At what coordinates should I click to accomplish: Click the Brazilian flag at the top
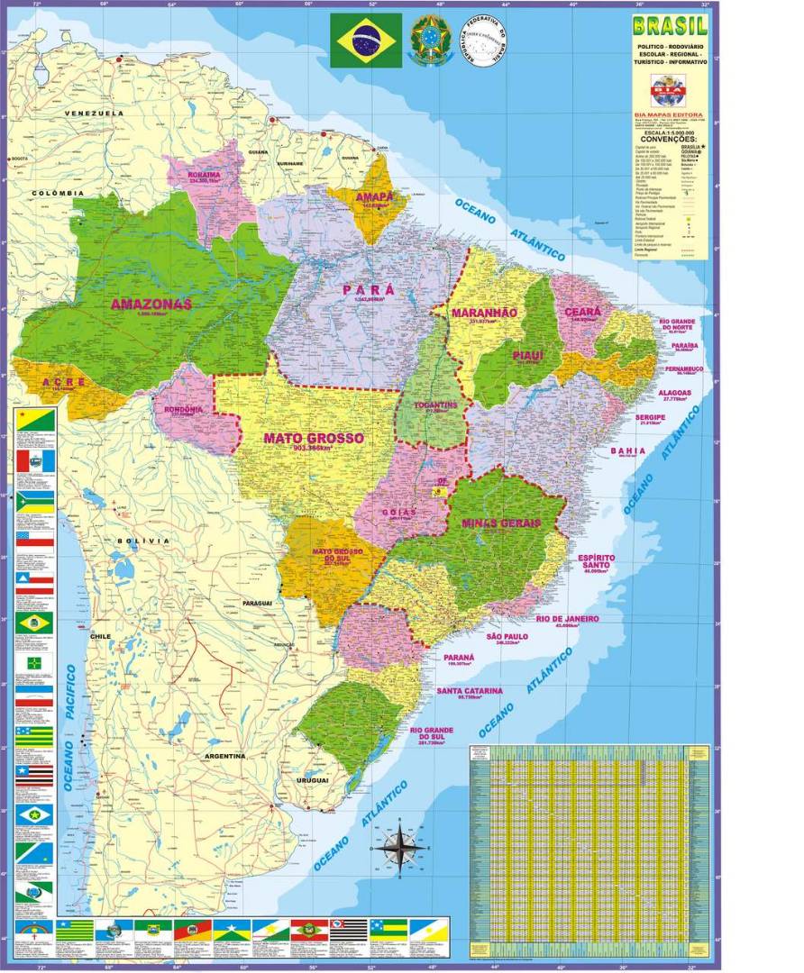tap(366, 41)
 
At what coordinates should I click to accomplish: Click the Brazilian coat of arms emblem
tap(430, 41)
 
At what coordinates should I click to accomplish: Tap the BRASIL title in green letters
tap(669, 26)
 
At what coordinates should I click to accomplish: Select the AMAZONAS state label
tap(151, 305)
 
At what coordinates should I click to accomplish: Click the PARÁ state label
tap(368, 289)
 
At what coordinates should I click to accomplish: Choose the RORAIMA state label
tap(204, 175)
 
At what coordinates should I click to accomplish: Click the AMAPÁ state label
tap(373, 196)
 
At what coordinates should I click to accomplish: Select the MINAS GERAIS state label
tap(500, 523)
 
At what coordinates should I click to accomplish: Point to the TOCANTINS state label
tap(435, 405)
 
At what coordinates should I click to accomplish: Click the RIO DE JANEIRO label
tap(567, 619)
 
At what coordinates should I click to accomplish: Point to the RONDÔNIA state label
tap(183, 408)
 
